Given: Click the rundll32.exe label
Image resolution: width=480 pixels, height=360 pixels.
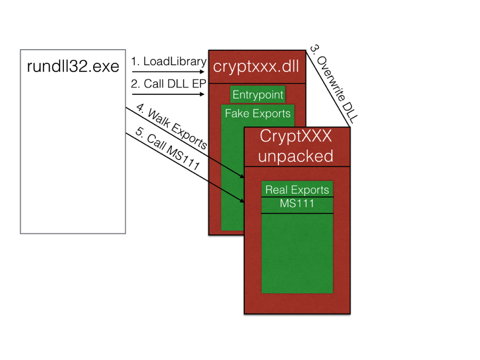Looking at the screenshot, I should [x=73, y=68].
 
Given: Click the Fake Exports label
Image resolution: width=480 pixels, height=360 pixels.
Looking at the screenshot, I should [x=258, y=113].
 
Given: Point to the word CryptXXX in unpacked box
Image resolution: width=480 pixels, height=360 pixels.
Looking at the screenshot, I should [x=295, y=137].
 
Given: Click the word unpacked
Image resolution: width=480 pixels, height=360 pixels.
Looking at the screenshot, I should [x=295, y=156].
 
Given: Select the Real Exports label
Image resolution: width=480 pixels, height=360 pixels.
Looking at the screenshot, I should [x=297, y=189].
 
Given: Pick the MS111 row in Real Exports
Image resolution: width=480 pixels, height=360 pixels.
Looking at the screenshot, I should [x=297, y=204].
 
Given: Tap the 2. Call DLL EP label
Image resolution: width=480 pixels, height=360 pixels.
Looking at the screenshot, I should [x=167, y=84].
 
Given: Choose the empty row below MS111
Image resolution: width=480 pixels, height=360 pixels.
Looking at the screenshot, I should [x=297, y=251].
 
